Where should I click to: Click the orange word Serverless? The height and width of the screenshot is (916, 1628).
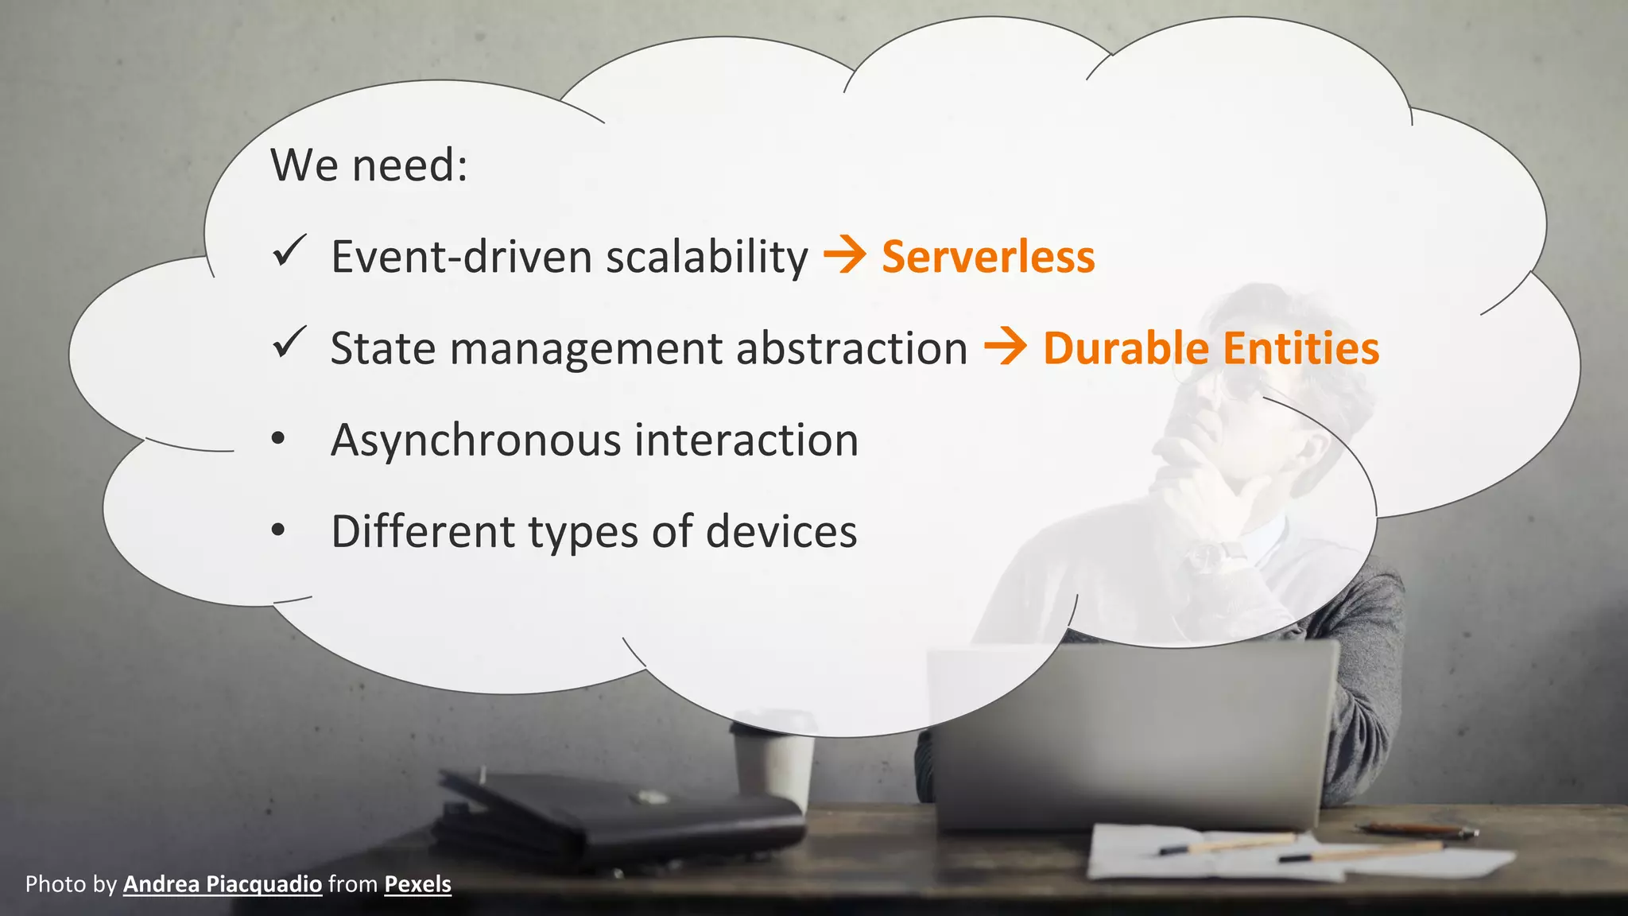click(x=988, y=257)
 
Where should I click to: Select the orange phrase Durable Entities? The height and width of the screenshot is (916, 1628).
click(x=1211, y=348)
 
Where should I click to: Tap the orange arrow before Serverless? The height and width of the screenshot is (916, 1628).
click(x=844, y=256)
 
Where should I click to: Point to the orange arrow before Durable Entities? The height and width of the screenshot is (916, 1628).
click(x=1005, y=347)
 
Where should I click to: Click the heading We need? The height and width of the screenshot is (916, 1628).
click(x=369, y=165)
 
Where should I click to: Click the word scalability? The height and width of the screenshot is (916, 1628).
click(x=707, y=257)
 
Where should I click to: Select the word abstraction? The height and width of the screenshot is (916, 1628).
click(x=851, y=348)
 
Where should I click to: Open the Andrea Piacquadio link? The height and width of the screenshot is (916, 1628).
click(x=223, y=884)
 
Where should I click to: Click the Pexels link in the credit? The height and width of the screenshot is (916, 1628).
click(x=417, y=884)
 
